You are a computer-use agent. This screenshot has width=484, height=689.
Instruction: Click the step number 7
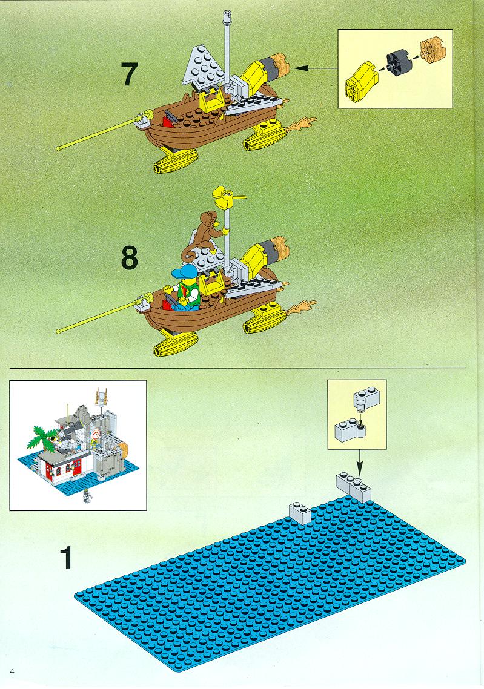129,74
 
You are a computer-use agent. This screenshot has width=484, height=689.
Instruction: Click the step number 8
129,258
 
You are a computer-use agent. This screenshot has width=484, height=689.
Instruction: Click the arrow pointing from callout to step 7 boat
315,68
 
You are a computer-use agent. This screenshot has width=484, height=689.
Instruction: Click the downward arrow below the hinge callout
360,463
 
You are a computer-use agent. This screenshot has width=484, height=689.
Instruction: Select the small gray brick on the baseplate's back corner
300,513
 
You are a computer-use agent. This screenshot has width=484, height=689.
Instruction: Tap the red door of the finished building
78,467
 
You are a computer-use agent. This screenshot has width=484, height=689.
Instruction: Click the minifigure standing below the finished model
87,496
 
